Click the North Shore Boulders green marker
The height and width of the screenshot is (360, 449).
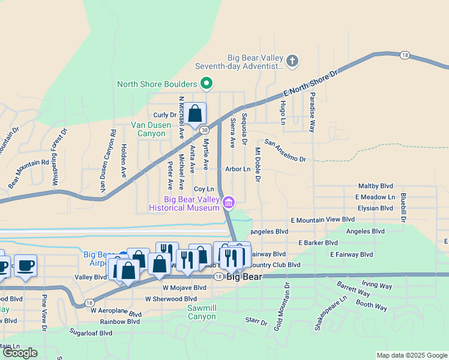tap(206, 84)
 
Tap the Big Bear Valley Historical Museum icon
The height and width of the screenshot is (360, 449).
tap(228, 203)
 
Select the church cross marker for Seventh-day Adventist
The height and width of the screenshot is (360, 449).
tap(292, 60)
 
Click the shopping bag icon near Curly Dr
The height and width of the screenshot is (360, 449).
tap(195, 113)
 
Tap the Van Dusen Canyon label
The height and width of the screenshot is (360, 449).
tap(148, 129)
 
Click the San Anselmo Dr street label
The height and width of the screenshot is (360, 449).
tap(286, 151)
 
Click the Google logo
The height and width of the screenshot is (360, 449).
tap(20, 353)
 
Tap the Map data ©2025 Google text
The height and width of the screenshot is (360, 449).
tap(411, 355)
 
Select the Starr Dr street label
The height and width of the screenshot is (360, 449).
tap(256, 322)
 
